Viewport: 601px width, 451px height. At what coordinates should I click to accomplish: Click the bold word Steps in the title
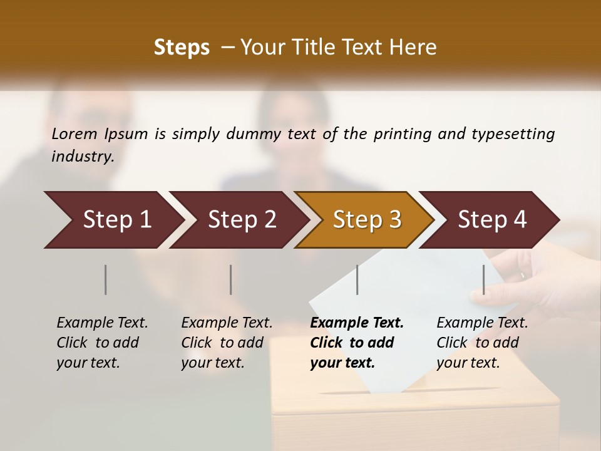pos(182,47)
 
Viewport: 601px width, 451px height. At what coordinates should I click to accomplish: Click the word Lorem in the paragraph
pos(74,134)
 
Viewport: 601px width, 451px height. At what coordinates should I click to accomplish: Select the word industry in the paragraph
pos(82,157)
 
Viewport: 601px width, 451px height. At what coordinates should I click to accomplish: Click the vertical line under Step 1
pos(106,279)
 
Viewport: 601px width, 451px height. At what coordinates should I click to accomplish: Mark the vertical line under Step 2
pos(231,279)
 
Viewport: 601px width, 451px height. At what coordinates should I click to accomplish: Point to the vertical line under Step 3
pos(357,279)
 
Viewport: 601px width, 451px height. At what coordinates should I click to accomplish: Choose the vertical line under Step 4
pos(483,279)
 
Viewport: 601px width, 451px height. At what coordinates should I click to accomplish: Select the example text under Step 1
pos(102,343)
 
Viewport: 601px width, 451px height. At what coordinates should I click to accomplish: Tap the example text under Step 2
pos(227,343)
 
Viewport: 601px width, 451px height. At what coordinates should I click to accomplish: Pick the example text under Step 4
pos(482,343)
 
